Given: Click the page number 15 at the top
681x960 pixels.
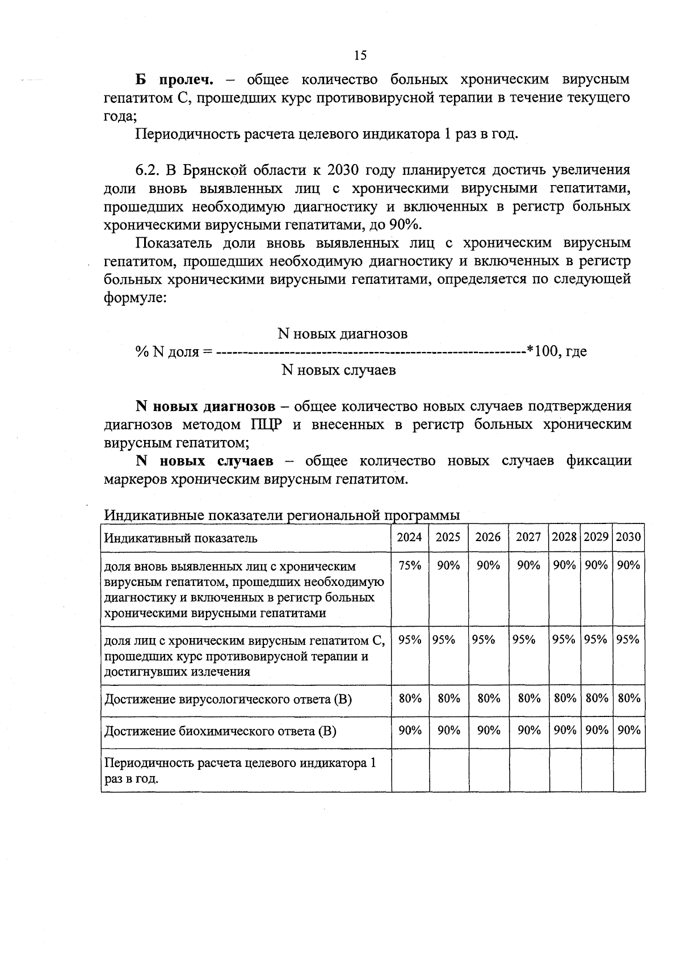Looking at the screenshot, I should [x=360, y=55].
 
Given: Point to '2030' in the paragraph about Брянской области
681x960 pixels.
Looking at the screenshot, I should [x=344, y=170].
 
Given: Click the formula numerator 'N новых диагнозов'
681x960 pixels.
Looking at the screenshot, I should [x=342, y=333].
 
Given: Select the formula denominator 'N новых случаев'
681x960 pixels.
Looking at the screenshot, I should [x=338, y=370].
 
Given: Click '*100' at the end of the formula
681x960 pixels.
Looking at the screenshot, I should [x=542, y=351].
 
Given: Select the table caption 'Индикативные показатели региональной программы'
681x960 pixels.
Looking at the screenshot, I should [x=282, y=515].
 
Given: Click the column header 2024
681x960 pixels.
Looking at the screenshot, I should [x=409, y=537].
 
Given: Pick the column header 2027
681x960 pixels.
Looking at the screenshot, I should [x=528, y=537].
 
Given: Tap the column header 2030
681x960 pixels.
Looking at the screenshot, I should [x=628, y=537].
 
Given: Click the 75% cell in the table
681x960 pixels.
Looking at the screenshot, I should [x=410, y=565].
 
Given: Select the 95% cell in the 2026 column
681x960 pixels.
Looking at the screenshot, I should [x=484, y=640].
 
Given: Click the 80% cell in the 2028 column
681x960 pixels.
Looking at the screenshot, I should [x=565, y=698].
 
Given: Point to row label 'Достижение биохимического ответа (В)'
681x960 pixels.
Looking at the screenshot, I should [x=220, y=731].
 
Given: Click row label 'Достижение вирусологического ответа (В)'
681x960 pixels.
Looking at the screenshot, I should [x=228, y=699].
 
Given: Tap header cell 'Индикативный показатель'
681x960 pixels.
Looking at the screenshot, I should [x=180, y=538].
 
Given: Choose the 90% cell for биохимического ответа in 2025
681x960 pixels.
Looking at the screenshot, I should [x=448, y=730].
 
